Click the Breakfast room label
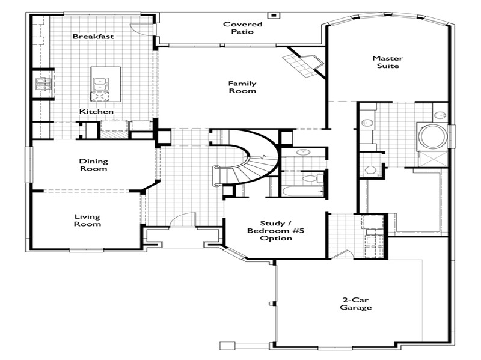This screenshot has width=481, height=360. pos(93,37)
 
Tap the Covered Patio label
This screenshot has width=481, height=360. pos(242,28)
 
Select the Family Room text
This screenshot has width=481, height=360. pos(242,87)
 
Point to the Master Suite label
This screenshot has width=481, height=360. pos(388,62)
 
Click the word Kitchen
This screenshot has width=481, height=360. pos(96,112)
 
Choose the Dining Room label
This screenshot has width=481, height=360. pos(94,165)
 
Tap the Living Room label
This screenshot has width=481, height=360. pos(87,221)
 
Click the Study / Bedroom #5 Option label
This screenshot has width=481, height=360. pos(276,231)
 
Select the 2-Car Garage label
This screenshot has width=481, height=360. pos(355,304)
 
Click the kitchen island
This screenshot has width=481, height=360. pos(106,84)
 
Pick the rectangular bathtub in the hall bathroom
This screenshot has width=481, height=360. pos(303,191)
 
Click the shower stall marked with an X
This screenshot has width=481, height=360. pos(433,159)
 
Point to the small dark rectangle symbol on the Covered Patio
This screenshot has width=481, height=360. pos(274,15)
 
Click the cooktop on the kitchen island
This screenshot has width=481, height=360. pos(99,96)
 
